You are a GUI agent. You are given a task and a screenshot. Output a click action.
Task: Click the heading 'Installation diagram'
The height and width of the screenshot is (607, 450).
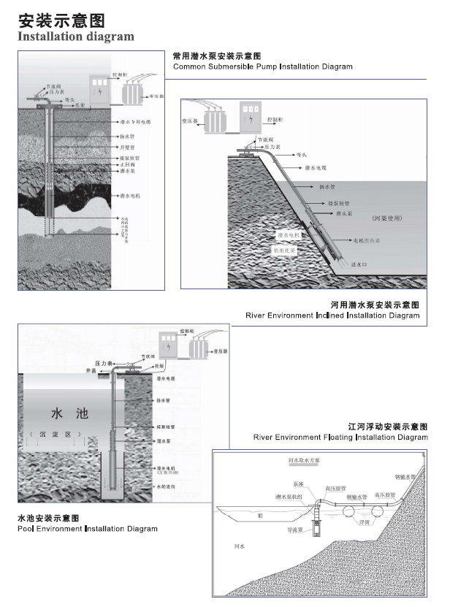(x=76, y=36)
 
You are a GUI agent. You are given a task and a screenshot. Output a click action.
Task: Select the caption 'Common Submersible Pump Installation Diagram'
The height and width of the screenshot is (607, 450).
(x=262, y=66)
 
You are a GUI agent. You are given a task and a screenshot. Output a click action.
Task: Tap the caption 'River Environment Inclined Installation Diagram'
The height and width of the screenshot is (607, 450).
(x=333, y=316)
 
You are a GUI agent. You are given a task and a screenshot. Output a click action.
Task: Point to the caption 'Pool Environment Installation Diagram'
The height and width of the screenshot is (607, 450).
(x=87, y=528)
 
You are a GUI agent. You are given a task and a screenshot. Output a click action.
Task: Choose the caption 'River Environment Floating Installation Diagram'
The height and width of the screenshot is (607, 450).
(x=340, y=437)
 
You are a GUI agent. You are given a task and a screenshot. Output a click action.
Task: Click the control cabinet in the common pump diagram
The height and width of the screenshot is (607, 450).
(x=99, y=87)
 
